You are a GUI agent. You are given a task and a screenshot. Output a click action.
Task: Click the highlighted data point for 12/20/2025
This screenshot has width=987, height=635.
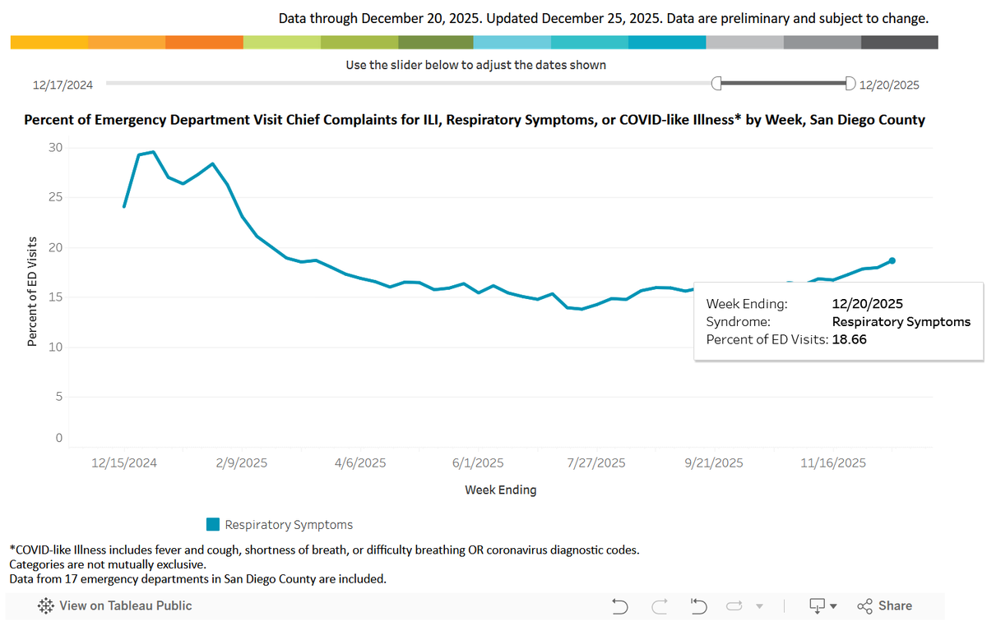pyautogui.click(x=892, y=261)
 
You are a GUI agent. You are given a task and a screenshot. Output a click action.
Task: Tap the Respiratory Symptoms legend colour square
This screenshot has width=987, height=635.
pyautogui.click(x=213, y=525)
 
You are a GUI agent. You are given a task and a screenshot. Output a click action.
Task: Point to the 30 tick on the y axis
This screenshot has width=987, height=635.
pyautogui.click(x=56, y=147)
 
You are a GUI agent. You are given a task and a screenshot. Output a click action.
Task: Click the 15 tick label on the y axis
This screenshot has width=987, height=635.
pyautogui.click(x=56, y=297)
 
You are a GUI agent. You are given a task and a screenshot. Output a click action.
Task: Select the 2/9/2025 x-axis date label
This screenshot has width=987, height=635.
pyautogui.click(x=242, y=463)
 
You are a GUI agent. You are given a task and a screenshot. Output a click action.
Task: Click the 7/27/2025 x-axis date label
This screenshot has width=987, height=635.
pyautogui.click(x=595, y=463)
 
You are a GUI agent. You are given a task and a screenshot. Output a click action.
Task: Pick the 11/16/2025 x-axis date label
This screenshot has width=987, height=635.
pyautogui.click(x=832, y=463)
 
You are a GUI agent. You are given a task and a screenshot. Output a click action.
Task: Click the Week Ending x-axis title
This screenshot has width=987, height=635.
pyautogui.click(x=501, y=490)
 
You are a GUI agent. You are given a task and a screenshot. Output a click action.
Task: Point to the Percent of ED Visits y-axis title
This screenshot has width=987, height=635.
pyautogui.click(x=32, y=292)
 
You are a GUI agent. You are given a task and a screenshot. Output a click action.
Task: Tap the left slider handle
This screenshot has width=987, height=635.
pyautogui.click(x=716, y=83)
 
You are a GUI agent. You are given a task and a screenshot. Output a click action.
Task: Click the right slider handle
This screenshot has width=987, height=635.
pyautogui.click(x=850, y=83)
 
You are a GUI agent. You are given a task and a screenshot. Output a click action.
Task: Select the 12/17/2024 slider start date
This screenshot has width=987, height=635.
pyautogui.click(x=63, y=85)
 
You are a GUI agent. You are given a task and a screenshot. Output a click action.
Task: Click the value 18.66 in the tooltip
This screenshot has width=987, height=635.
pyautogui.click(x=849, y=339)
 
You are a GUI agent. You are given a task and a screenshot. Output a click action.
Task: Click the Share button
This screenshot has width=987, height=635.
pyautogui.click(x=884, y=606)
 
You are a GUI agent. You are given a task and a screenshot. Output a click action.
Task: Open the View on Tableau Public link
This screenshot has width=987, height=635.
pyautogui.click(x=114, y=606)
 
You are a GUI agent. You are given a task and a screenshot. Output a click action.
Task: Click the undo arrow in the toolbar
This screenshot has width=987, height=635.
pyautogui.click(x=619, y=606)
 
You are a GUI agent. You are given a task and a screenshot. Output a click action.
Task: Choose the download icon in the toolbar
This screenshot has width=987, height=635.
pyautogui.click(x=818, y=606)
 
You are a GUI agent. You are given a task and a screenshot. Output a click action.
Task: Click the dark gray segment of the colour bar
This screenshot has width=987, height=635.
pyautogui.click(x=899, y=42)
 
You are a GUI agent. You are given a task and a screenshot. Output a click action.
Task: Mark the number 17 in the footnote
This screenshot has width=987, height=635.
pyautogui.click(x=71, y=578)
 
